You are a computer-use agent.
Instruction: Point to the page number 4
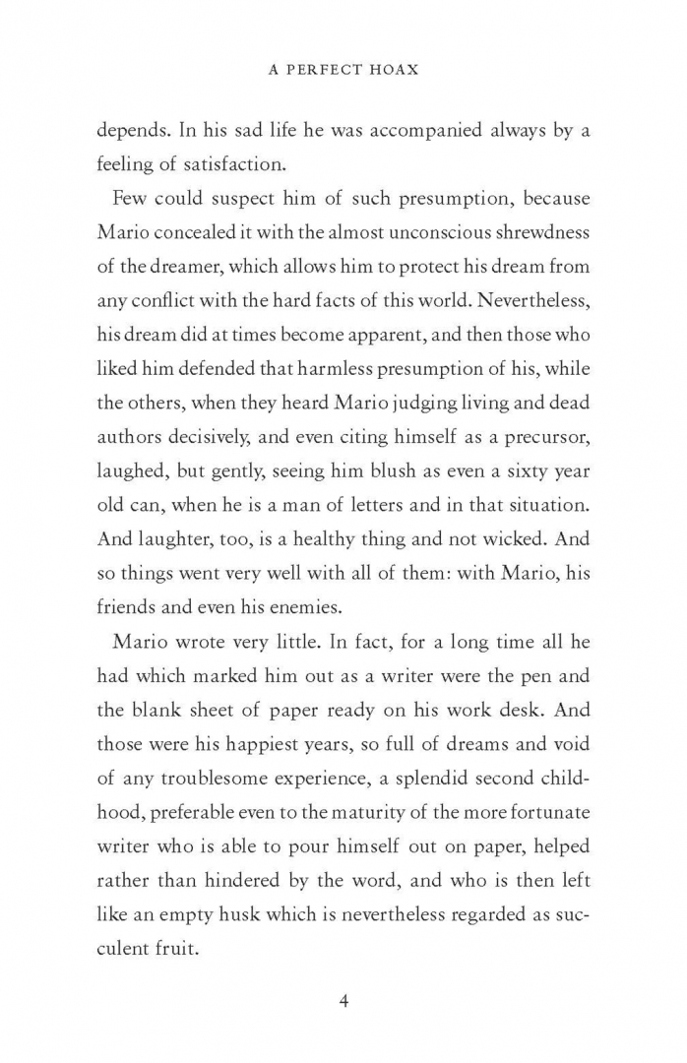[x=343, y=1002]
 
